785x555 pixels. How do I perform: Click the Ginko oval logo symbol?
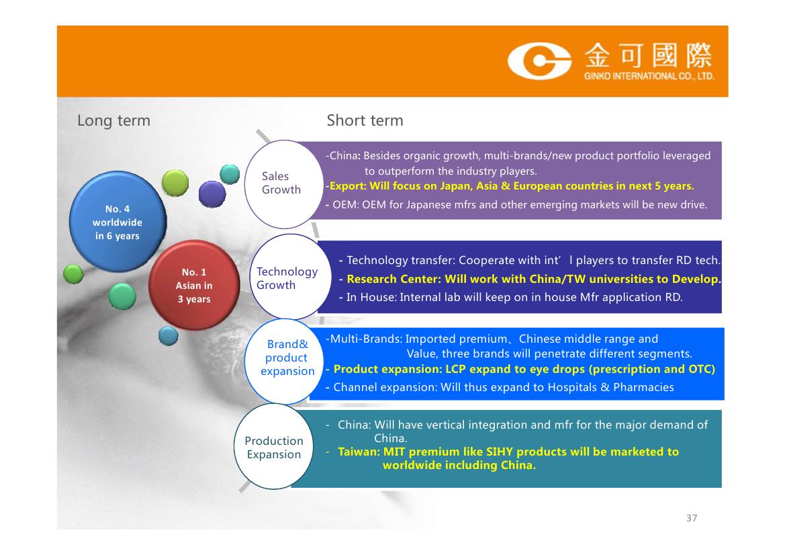point(539,61)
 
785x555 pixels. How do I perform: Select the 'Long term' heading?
point(113,121)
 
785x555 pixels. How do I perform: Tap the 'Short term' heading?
point(365,121)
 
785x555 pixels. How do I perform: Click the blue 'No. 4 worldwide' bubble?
point(118,222)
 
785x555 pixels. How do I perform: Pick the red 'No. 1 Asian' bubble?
point(194,285)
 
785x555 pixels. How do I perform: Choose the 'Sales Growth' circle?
point(284,184)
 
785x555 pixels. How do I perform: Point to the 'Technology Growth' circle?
point(290,277)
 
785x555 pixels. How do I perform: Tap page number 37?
point(692,518)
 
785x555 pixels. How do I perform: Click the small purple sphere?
point(212,194)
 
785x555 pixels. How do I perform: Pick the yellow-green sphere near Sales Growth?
point(175,183)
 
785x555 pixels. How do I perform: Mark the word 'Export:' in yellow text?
point(348,186)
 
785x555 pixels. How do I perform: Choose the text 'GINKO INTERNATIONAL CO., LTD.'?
point(649,76)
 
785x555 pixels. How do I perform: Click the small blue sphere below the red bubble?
point(168,335)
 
